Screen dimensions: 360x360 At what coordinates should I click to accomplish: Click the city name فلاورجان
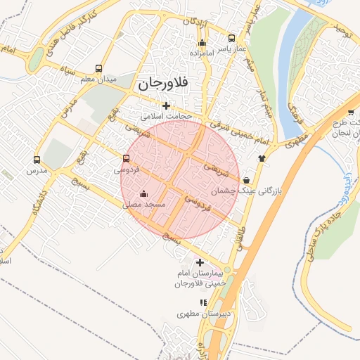click(162, 83)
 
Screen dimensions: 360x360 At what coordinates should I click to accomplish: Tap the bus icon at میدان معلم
click(98, 69)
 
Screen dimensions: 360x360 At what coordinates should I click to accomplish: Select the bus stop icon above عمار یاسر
click(232, 39)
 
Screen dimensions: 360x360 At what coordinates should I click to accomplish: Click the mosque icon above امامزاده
click(202, 43)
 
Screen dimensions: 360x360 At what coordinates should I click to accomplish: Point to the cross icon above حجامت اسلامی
click(166, 105)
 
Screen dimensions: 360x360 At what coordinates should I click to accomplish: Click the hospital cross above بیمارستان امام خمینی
click(200, 262)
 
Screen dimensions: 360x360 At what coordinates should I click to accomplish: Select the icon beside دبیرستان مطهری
click(203, 303)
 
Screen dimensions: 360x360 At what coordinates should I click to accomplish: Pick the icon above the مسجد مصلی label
click(144, 194)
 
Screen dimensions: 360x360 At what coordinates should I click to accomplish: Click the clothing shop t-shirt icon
click(262, 158)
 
